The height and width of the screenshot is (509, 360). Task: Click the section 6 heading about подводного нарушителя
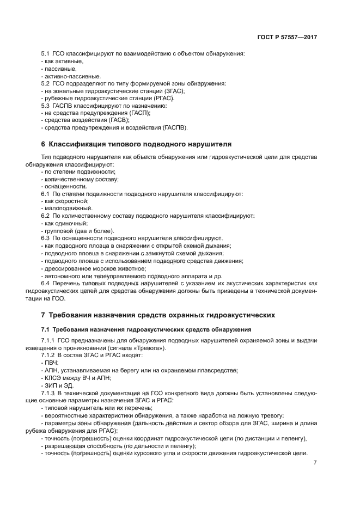pyautogui.click(x=136, y=144)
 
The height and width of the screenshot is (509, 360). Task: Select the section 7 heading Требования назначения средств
pyautogui.click(x=155, y=315)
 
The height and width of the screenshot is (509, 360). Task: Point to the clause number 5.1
pyautogui.click(x=45, y=53)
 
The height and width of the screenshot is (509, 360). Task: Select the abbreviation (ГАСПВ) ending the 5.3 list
pyautogui.click(x=175, y=128)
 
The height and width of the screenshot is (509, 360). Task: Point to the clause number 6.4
pyautogui.click(x=45, y=284)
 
